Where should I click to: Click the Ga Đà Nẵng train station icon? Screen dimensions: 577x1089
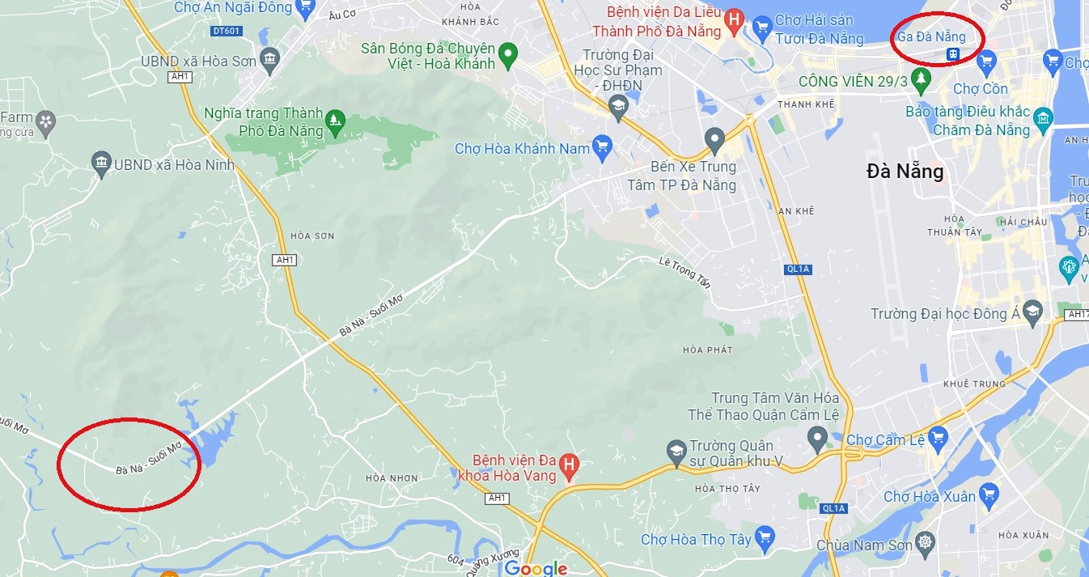coord(954,54)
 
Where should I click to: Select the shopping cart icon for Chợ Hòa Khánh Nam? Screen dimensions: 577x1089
coord(602,148)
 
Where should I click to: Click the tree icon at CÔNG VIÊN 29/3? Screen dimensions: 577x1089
coord(920,79)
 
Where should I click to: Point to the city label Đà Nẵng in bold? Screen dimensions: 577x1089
coord(905,172)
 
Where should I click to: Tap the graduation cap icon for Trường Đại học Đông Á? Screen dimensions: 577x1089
coord(1032,312)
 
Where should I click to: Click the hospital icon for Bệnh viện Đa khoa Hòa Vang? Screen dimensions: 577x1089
coord(570,466)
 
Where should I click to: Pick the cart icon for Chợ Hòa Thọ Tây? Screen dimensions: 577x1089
coord(765,537)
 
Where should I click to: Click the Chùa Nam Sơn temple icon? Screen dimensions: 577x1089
coord(926,544)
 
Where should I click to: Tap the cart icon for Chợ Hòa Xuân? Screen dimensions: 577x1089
coord(989,494)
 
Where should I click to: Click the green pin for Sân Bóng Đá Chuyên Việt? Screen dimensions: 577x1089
coord(508,56)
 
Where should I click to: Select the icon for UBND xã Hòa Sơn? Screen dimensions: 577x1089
coord(270,60)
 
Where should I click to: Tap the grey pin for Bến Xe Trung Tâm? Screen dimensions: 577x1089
coord(714,140)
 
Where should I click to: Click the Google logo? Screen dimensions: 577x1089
coord(536,568)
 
